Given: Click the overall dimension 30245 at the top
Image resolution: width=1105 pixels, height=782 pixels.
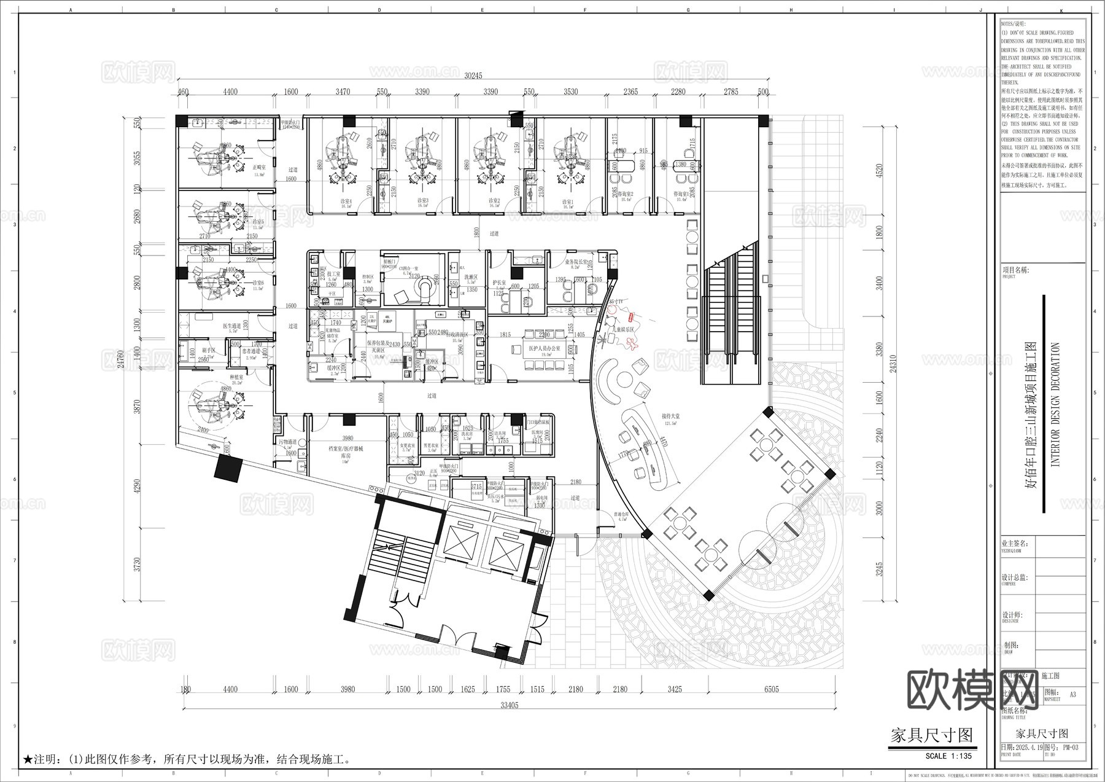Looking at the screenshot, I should point(473,76).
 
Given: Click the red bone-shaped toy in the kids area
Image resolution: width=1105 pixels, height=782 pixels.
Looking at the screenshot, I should point(631,318).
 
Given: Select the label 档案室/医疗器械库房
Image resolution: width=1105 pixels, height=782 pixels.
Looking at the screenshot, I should point(347,453).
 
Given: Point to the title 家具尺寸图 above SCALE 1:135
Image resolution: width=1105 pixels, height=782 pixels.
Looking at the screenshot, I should point(931,735).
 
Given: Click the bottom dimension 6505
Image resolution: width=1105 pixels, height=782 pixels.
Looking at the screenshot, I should point(771,689).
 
